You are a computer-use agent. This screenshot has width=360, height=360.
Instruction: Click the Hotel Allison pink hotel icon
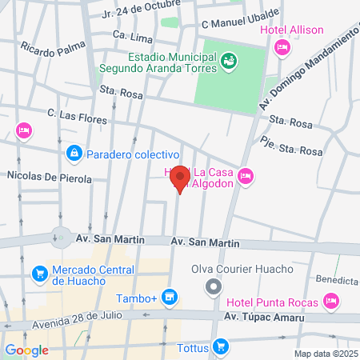[281, 49]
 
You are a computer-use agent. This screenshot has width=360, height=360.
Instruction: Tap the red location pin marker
[180, 178]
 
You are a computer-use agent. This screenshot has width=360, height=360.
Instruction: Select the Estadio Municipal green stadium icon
[229, 59]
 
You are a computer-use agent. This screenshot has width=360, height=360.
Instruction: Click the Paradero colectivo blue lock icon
[74, 152]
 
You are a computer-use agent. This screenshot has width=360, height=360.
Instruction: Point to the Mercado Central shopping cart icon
[38, 274]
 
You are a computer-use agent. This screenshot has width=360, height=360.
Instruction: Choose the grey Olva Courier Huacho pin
[213, 286]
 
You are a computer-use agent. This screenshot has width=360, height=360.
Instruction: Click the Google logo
[26, 350]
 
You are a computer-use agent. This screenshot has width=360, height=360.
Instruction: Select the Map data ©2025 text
[326, 354]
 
